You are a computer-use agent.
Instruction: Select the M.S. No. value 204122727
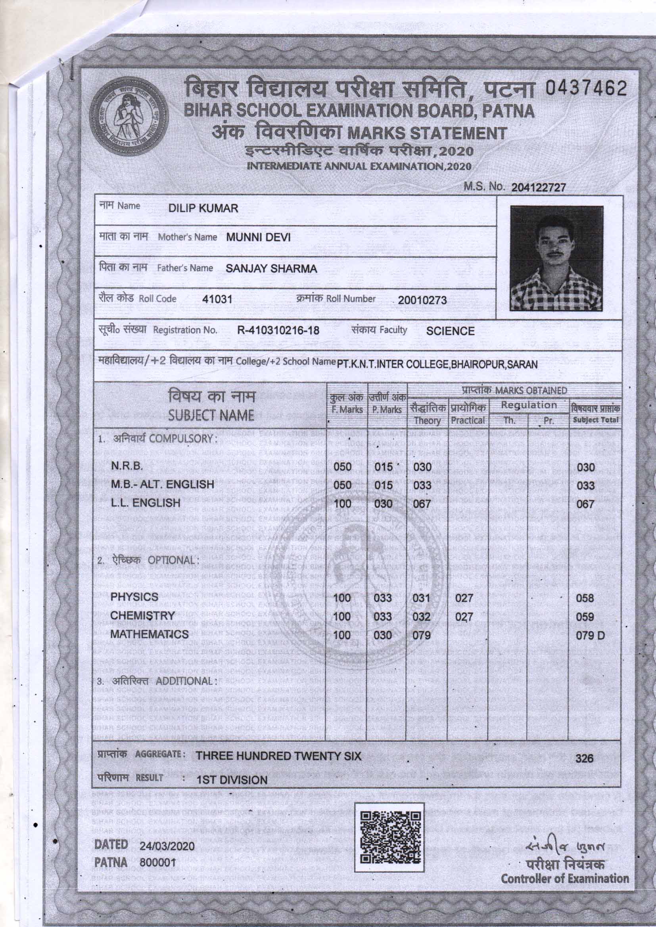pyautogui.click(x=539, y=188)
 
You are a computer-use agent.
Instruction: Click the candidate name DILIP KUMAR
pyautogui.click(x=203, y=208)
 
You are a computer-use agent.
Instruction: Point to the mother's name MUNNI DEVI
pyautogui.click(x=258, y=237)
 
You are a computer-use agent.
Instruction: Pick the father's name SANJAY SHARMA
pyautogui.click(x=271, y=268)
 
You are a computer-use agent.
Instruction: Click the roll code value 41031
pyautogui.click(x=217, y=300)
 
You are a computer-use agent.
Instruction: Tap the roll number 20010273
pyautogui.click(x=422, y=301)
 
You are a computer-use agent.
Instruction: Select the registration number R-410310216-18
pyautogui.click(x=278, y=331)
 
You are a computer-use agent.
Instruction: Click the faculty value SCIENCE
pyautogui.click(x=450, y=331)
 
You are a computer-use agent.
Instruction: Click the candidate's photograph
pyautogui.click(x=556, y=259)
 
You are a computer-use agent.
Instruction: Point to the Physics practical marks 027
pyautogui.click(x=464, y=598)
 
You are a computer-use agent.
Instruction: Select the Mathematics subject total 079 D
pyautogui.click(x=590, y=636)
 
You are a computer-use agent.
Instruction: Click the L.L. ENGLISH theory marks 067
pyautogui.click(x=422, y=504)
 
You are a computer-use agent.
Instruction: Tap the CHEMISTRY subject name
pyautogui.click(x=143, y=616)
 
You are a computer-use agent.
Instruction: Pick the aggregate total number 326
pyautogui.click(x=584, y=758)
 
